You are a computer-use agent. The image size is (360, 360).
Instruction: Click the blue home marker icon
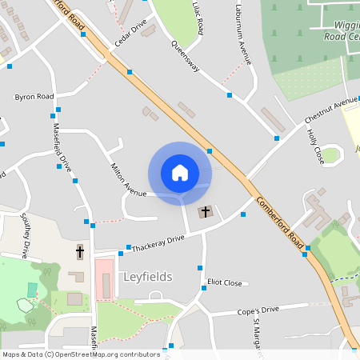tap(180, 173)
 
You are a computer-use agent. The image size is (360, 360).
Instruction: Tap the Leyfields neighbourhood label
tap(148, 277)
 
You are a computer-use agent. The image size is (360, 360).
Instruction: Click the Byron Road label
tap(34, 97)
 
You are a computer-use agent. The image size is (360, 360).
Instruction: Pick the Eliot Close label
tap(224, 282)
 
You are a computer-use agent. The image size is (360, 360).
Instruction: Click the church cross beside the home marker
tap(206, 212)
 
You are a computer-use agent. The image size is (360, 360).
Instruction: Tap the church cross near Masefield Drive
tap(79, 252)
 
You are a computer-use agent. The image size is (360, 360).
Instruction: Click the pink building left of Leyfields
tap(104, 278)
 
